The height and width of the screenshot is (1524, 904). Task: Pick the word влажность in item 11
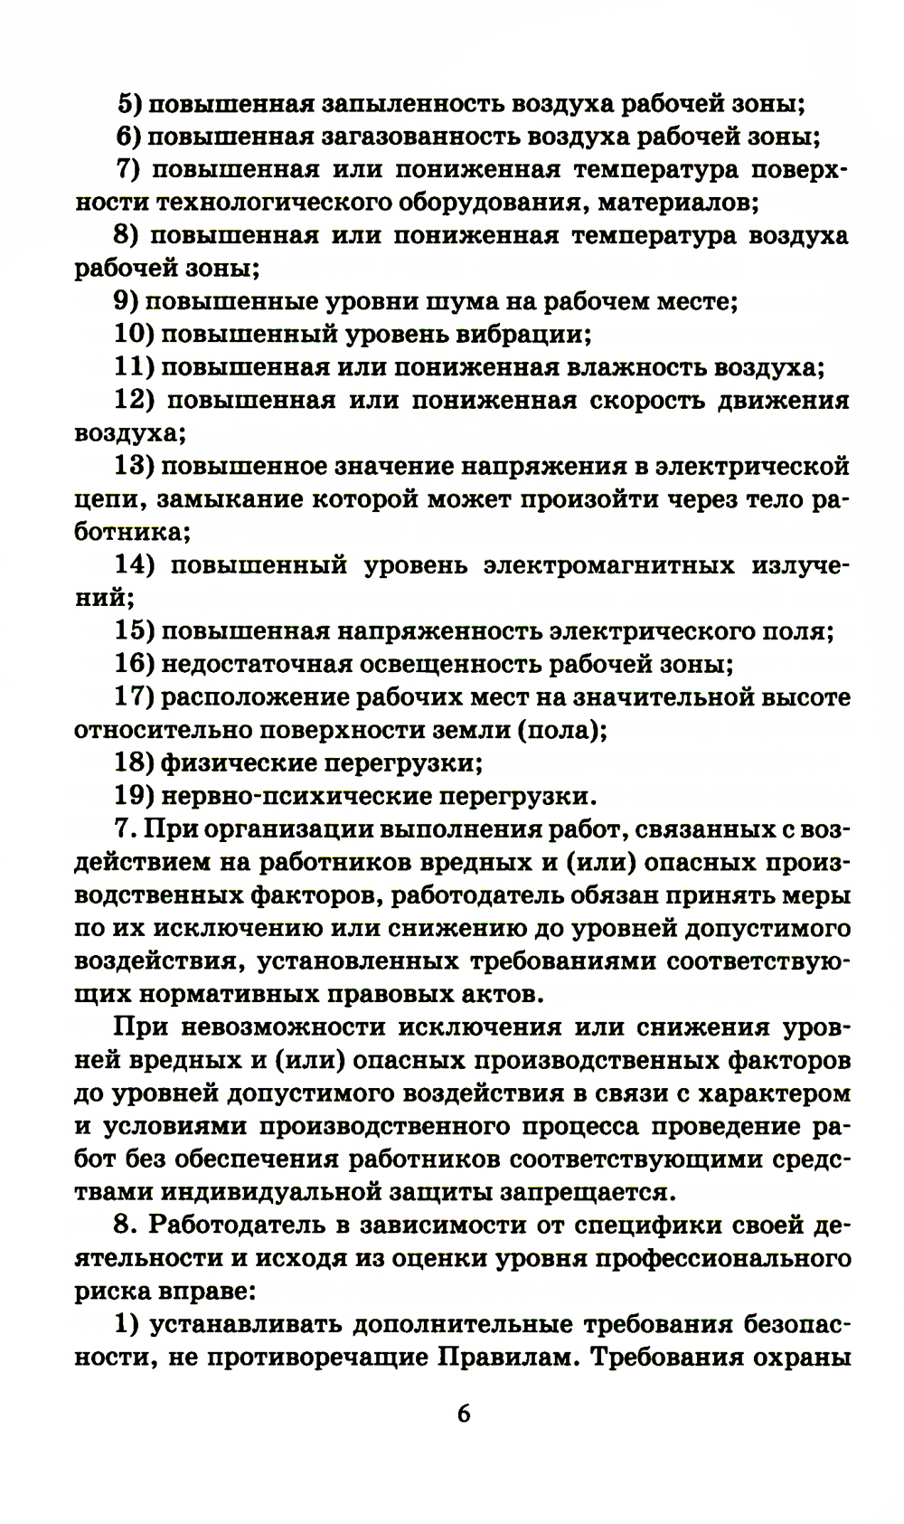coord(637,368)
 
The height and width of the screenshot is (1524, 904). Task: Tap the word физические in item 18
coord(238,763)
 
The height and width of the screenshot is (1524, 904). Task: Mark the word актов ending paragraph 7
coord(496,995)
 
